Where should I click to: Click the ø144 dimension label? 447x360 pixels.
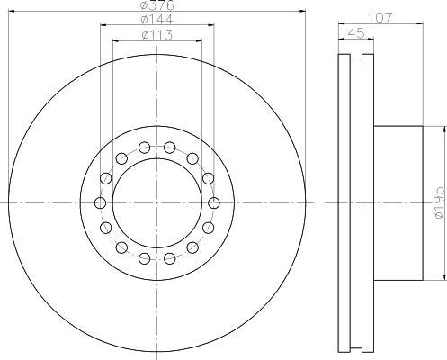tap(156, 20)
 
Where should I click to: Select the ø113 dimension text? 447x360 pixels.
tap(156, 35)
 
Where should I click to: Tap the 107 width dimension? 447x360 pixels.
tap(380, 18)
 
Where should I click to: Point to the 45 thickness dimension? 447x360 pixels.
tap(356, 33)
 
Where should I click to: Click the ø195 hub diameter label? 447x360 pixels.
tap(439, 202)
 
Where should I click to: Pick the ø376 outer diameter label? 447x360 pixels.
tap(156, 5)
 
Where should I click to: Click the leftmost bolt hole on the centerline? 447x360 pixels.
tap(100, 203)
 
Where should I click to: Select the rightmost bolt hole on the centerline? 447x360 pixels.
tap(213, 203)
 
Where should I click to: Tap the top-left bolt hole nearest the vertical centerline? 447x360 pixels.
tap(145, 147)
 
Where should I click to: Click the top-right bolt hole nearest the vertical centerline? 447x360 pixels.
tap(170, 147)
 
